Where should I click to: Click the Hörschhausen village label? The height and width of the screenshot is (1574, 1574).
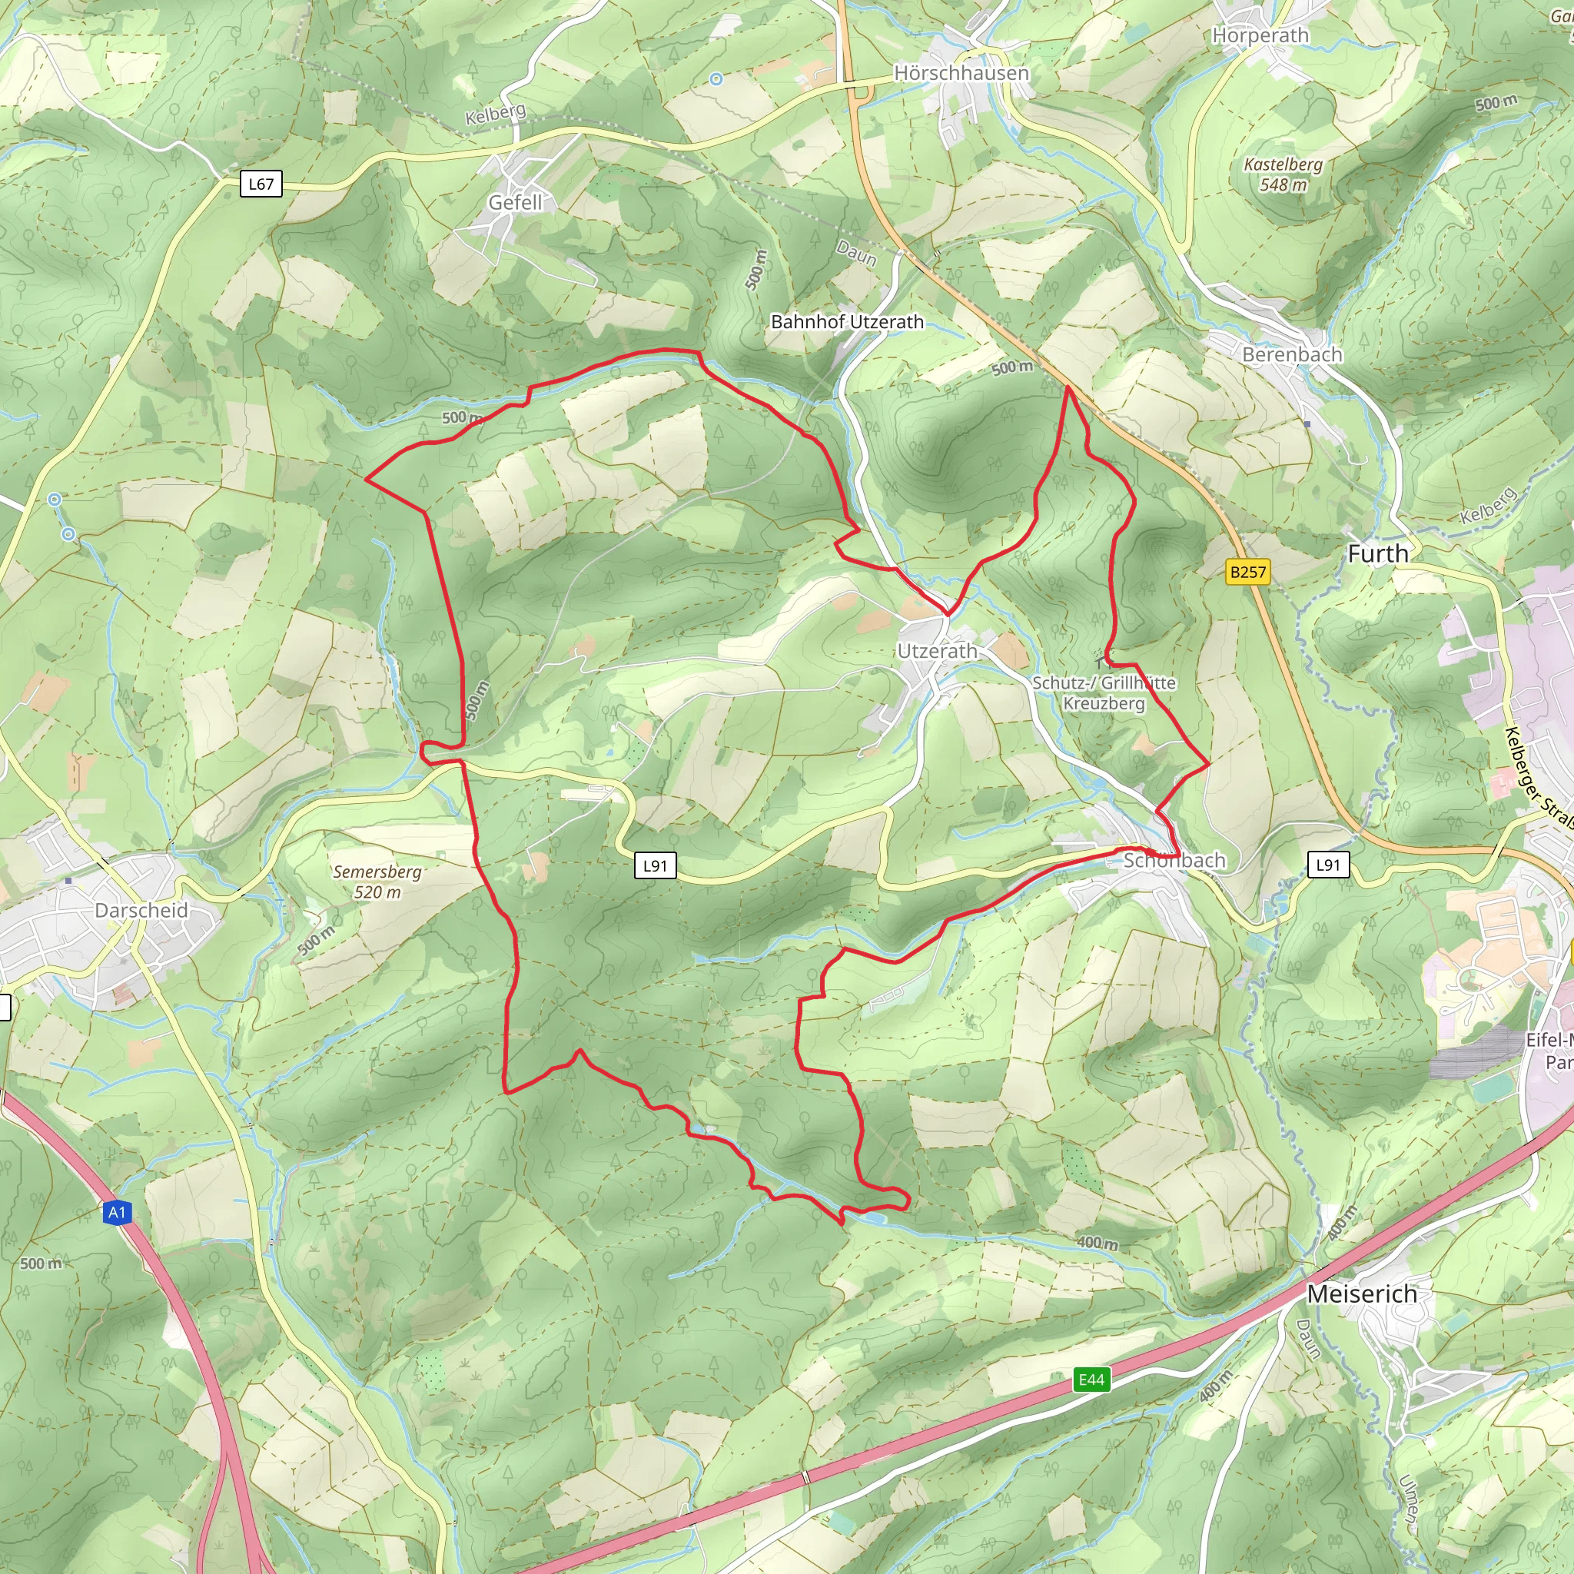[x=961, y=73]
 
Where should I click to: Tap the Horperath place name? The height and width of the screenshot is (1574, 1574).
[x=1260, y=35]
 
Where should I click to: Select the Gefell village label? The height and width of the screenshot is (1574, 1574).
[x=515, y=202]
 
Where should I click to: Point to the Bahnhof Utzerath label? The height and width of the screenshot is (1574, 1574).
[x=847, y=322]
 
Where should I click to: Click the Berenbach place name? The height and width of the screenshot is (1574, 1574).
[x=1292, y=354]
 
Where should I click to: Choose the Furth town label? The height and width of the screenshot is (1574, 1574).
[x=1378, y=554]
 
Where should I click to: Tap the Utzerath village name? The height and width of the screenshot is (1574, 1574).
[x=937, y=651]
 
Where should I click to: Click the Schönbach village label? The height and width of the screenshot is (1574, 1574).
[x=1174, y=860]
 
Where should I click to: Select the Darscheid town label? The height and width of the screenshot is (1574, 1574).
[x=141, y=910]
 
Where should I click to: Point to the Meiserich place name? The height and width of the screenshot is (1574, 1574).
[x=1362, y=1293]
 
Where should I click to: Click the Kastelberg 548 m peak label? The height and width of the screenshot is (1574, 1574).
[x=1283, y=174]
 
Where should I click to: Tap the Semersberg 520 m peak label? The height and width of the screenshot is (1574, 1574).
[x=377, y=882]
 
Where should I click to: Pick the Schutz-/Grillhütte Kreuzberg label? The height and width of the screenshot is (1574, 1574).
[x=1104, y=692]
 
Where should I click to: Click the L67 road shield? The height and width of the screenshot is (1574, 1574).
[x=261, y=184]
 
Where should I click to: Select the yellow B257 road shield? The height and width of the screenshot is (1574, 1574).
[x=1248, y=572]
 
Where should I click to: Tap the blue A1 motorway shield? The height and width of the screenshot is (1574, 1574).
[x=118, y=1212]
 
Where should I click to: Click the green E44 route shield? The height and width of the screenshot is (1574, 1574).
[x=1091, y=1380]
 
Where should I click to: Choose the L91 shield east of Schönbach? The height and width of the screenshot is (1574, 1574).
[x=1328, y=865]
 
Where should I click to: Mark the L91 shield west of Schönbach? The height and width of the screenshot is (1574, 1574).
[x=655, y=866]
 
